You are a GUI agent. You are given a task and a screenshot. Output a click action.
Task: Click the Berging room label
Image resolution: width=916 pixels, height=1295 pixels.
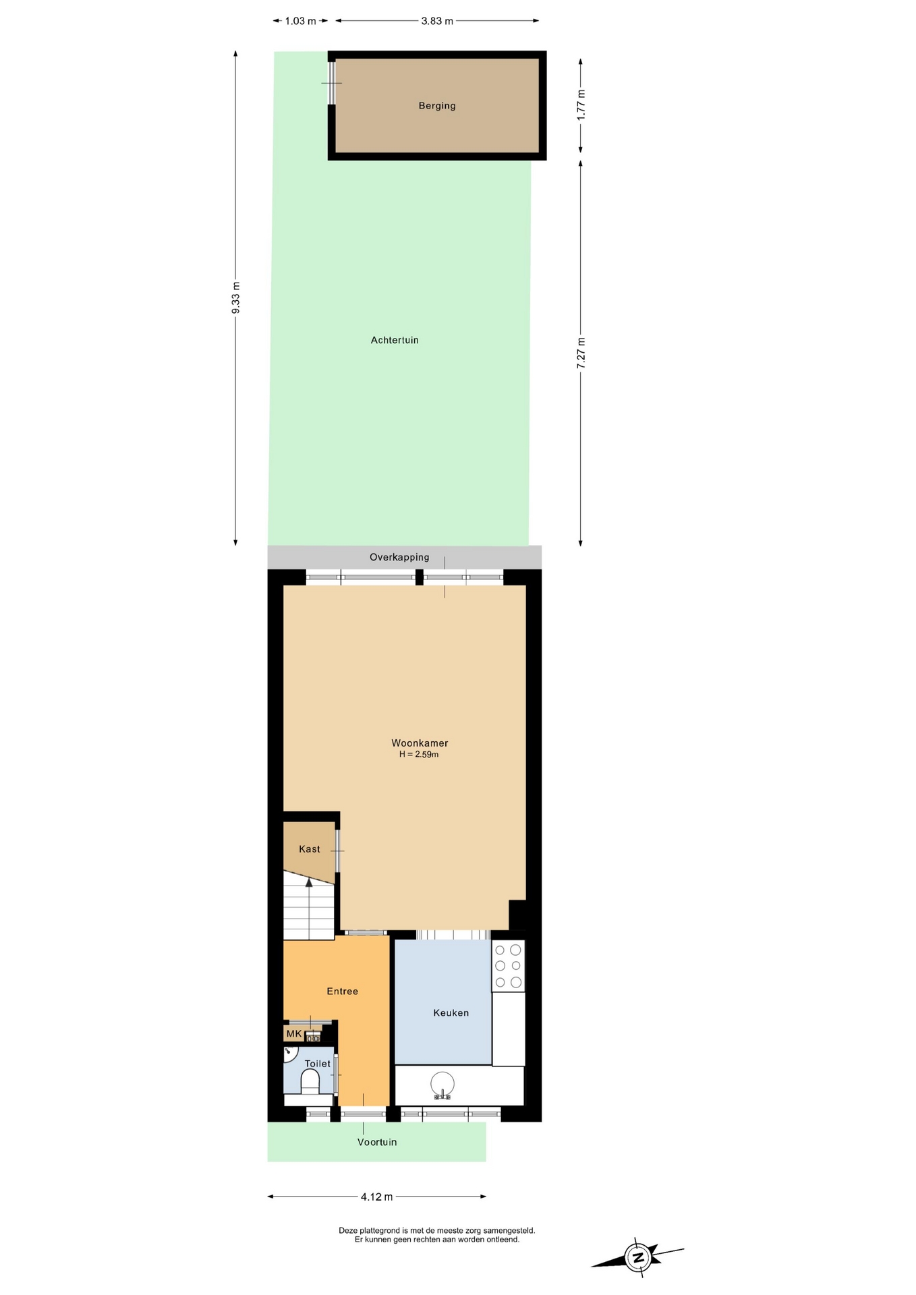tap(437, 106)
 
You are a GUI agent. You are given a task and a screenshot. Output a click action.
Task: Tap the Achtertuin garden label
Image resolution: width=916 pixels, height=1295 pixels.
tap(395, 341)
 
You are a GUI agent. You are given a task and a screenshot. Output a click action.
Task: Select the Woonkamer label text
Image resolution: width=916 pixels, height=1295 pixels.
tap(420, 743)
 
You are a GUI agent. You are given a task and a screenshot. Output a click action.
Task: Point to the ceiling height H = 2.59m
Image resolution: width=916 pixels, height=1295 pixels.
tap(419, 755)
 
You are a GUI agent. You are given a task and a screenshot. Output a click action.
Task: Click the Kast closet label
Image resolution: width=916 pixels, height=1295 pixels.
tap(310, 849)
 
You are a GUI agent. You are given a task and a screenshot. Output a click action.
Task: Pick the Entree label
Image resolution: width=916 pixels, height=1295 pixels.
tap(342, 991)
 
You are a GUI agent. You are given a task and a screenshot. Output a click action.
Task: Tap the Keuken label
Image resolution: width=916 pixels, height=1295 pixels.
tap(451, 1013)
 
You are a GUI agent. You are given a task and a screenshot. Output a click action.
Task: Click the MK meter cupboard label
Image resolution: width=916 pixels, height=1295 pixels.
tap(294, 1034)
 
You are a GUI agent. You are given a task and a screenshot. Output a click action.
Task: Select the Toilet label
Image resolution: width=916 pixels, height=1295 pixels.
tap(318, 1064)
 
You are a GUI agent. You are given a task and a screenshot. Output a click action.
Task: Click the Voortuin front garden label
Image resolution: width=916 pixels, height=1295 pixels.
tap(377, 1142)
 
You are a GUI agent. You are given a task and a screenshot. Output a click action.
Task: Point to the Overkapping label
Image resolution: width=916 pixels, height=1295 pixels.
tap(399, 557)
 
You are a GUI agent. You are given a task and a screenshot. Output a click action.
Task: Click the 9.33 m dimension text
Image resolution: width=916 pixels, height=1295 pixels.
tap(235, 297)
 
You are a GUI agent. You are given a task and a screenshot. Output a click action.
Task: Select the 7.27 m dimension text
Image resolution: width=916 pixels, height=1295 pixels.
tap(581, 352)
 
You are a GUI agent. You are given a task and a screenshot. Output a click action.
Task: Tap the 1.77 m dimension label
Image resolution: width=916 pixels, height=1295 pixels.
tap(581, 105)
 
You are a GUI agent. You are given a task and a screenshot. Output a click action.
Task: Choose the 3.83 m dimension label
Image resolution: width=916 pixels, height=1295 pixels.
tap(437, 21)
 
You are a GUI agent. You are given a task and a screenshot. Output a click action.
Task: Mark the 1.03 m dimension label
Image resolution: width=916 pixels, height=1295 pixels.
tap(300, 21)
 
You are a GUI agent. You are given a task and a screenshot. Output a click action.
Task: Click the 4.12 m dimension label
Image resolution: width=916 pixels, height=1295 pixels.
tap(376, 1197)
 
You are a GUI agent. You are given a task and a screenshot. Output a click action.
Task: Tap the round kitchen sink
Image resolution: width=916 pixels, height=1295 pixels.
tap(442, 1083)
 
